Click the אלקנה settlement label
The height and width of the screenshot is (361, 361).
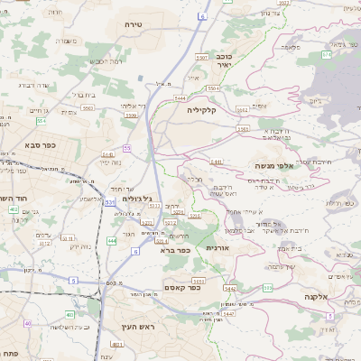pos(317,296)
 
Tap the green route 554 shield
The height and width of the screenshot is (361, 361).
pos(42,120)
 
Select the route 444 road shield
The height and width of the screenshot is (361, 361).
pos(111,241)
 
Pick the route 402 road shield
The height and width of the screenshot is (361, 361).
pos(14,209)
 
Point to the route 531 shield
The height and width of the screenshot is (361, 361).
pos(109,202)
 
